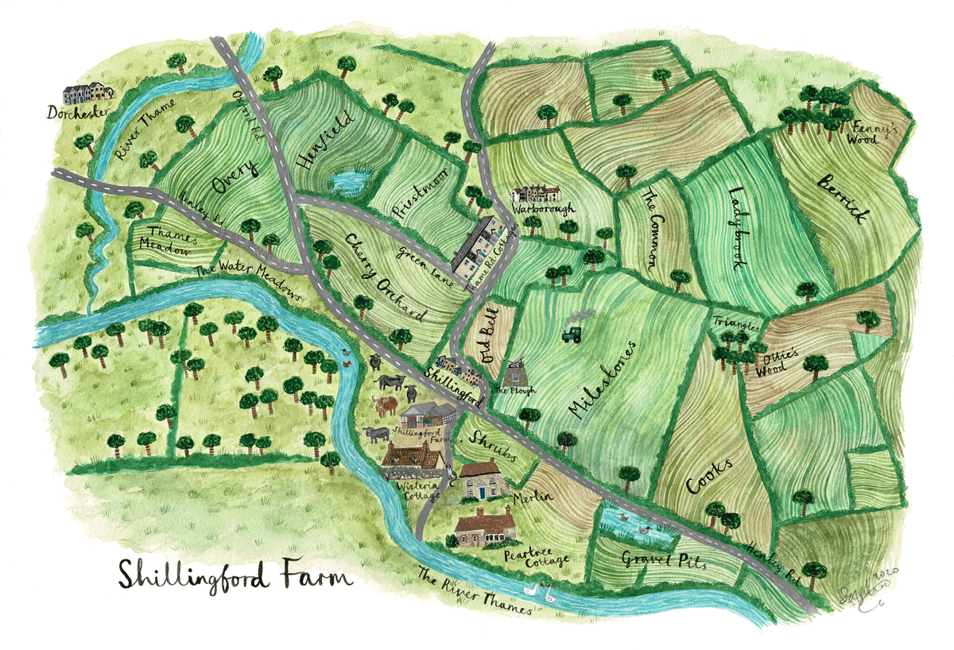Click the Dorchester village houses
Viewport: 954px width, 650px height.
(x=88, y=95)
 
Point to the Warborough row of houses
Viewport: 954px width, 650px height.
(x=535, y=194)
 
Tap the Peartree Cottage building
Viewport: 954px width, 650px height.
(x=484, y=527)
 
